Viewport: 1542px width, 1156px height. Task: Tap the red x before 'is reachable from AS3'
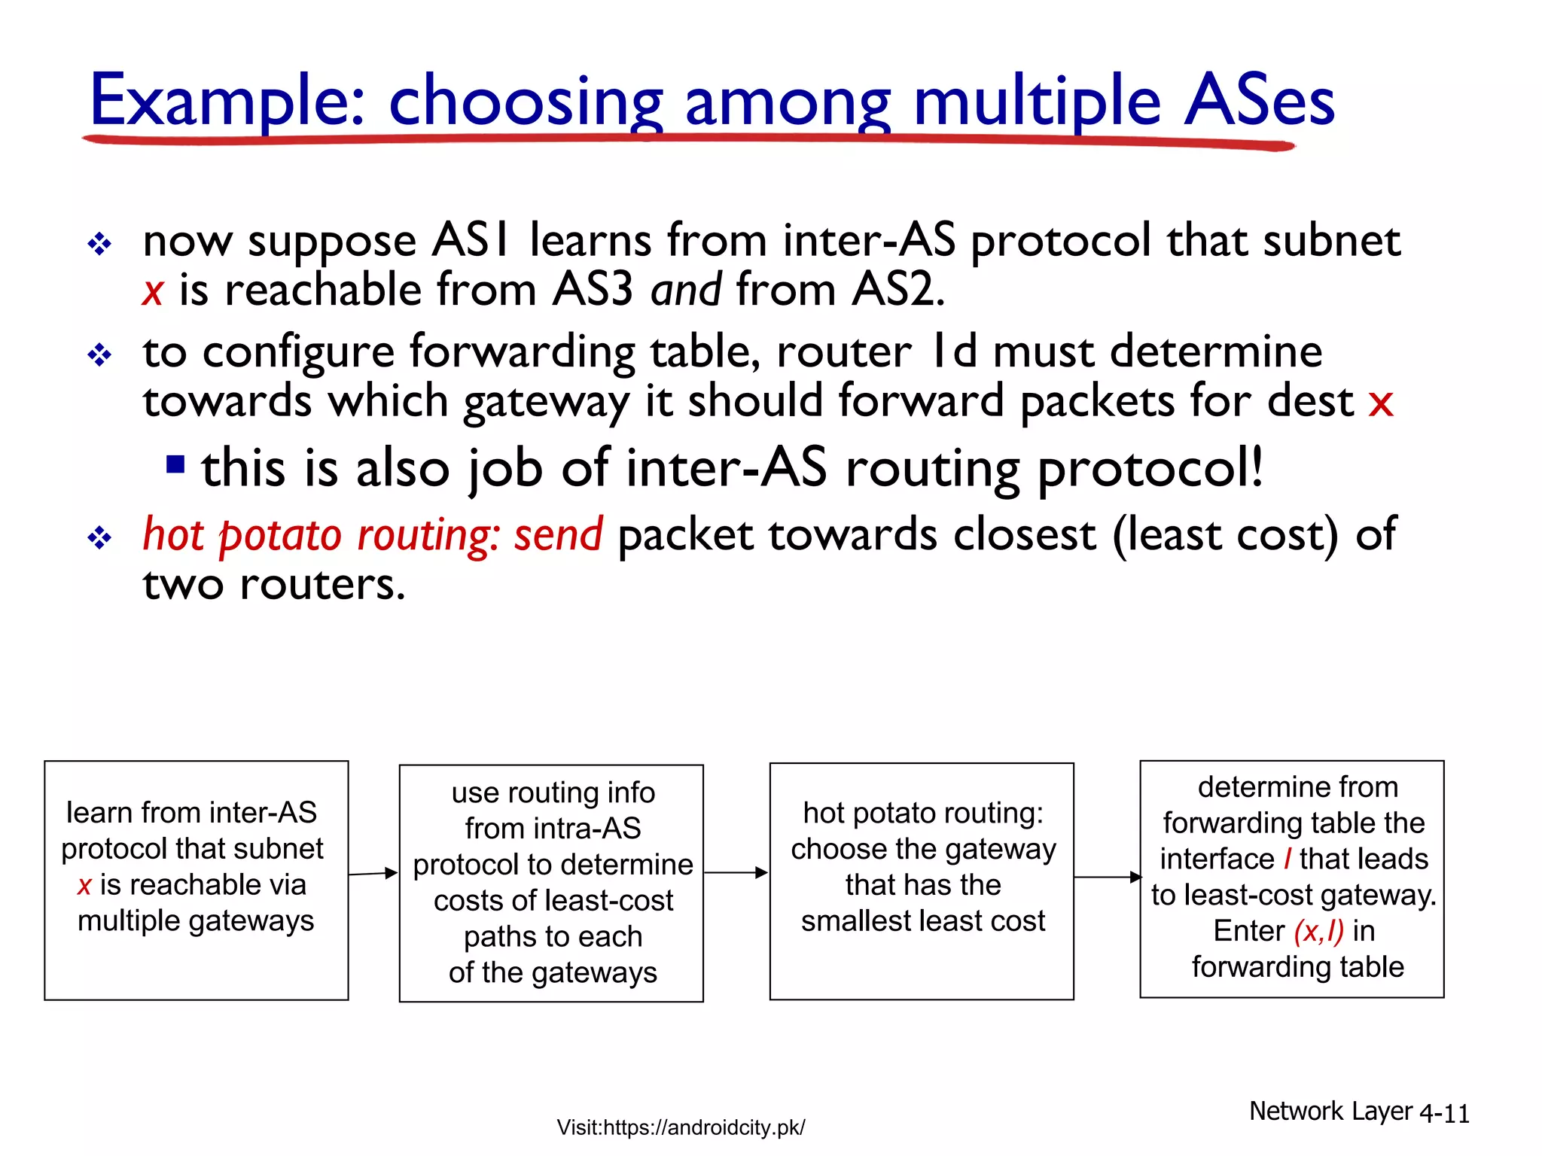pos(153,292)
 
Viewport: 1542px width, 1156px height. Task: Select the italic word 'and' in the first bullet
pos(686,290)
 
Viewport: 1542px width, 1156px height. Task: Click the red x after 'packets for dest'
pos(1380,403)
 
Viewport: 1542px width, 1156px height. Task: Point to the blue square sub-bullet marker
pos(175,464)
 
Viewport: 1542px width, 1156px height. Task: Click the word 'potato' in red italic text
pos(280,535)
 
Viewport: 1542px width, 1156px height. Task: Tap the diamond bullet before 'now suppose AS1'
pos(99,244)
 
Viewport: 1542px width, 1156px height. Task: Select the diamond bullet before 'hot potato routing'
pos(99,537)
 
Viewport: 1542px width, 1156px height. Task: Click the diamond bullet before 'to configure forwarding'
pos(99,354)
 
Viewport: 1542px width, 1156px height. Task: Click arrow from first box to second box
pos(373,874)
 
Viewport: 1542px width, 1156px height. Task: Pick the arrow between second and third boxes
pos(736,873)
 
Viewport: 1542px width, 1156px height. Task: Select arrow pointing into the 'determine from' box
pos(1107,877)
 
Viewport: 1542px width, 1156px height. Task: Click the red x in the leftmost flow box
pos(84,886)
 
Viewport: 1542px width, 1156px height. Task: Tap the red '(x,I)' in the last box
pos(1318,932)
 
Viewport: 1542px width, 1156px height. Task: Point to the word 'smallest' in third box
pos(849,921)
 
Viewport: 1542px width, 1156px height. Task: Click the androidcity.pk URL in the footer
pos(681,1127)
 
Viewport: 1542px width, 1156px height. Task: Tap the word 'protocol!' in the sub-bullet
pos(1150,469)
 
